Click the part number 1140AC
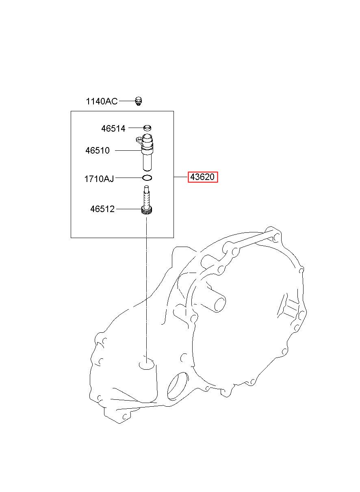[102, 101]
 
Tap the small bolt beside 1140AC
[139, 101]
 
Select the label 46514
[113, 129]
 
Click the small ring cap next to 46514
[147, 128]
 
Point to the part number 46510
[98, 151]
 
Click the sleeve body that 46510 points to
[147, 156]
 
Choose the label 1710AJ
[99, 178]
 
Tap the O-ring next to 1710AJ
[147, 178]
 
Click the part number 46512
[102, 209]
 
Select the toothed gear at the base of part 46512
[146, 211]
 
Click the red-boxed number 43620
[203, 178]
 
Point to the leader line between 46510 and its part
[128, 151]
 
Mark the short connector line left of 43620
[181, 178]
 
